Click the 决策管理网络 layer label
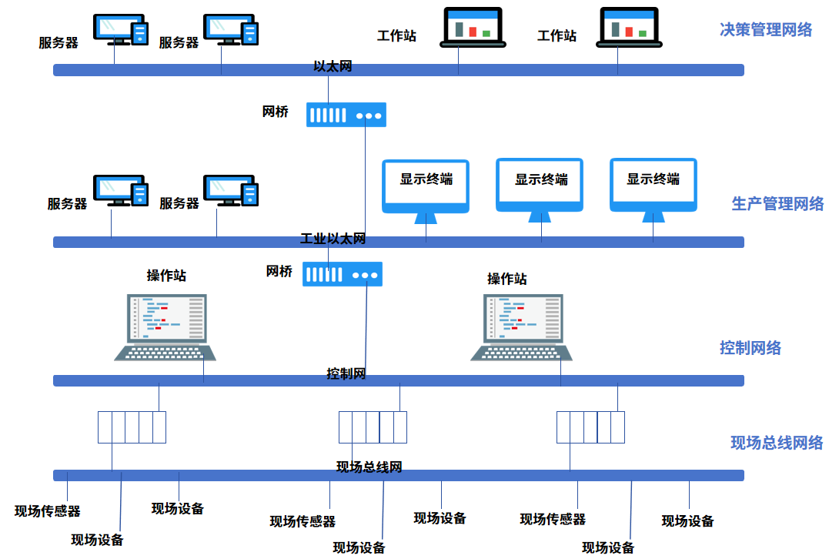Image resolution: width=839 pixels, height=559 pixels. click(765, 30)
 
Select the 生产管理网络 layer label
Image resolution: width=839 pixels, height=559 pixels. click(777, 204)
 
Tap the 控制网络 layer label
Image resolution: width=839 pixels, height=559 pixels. click(750, 348)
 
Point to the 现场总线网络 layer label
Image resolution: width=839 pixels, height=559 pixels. click(776, 443)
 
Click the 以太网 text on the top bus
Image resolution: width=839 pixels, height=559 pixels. click(333, 66)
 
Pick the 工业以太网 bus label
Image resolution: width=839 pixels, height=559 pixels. click(333, 239)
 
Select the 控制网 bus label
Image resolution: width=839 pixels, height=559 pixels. click(346, 374)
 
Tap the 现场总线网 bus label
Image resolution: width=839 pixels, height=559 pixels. click(369, 467)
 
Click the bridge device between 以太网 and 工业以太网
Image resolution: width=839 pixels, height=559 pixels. click(346, 115)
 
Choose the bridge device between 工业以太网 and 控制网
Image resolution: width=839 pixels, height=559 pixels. click(343, 274)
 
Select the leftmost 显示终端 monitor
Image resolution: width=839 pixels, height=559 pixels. click(426, 187)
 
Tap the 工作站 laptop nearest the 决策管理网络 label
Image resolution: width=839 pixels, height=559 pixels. click(630, 28)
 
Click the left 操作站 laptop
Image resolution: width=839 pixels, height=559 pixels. click(165, 326)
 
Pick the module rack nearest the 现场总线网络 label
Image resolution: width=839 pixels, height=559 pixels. click(590, 427)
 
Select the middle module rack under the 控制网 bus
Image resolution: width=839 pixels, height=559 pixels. click(373, 427)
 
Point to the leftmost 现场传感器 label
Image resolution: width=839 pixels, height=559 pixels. click(48, 511)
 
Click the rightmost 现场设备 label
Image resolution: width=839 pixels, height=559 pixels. click(687, 521)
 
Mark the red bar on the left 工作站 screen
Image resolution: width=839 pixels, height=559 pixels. click(473, 32)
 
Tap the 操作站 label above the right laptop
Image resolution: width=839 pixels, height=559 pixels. click(506, 279)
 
